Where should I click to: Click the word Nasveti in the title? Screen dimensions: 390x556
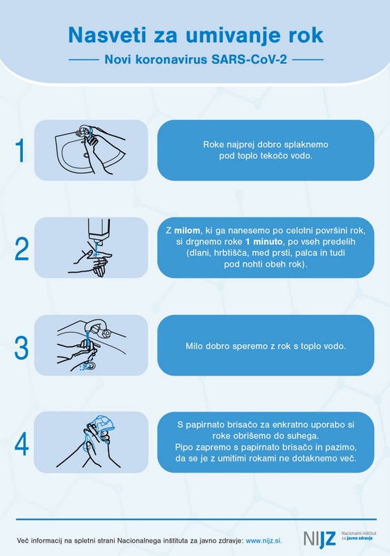pyautogui.click(x=108, y=35)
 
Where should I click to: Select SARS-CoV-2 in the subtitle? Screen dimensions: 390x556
pyautogui.click(x=250, y=59)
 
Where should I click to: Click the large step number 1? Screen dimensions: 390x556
pyautogui.click(x=21, y=151)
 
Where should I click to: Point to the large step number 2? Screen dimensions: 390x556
pyautogui.click(x=22, y=249)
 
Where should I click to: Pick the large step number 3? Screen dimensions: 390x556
pyautogui.click(x=22, y=347)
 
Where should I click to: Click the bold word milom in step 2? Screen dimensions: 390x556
pyautogui.click(x=187, y=231)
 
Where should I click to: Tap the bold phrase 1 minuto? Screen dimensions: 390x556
pyautogui.click(x=263, y=242)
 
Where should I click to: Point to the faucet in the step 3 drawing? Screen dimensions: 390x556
pyautogui.click(x=98, y=327)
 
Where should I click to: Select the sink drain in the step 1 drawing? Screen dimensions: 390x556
pyautogui.click(x=86, y=154)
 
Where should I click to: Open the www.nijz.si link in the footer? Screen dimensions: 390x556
pyautogui.click(x=263, y=541)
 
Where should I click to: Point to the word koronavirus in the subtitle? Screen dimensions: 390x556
pyautogui.click(x=172, y=59)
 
